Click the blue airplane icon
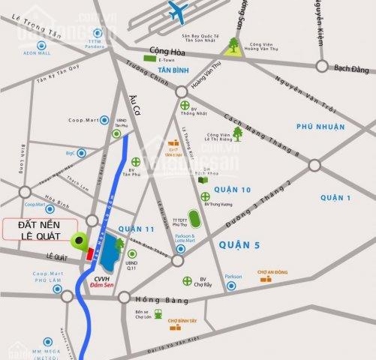pos(178,12)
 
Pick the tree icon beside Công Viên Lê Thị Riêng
pos(238,133)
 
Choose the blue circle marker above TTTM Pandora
pos(95,32)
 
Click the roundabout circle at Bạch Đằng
pos(322,66)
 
